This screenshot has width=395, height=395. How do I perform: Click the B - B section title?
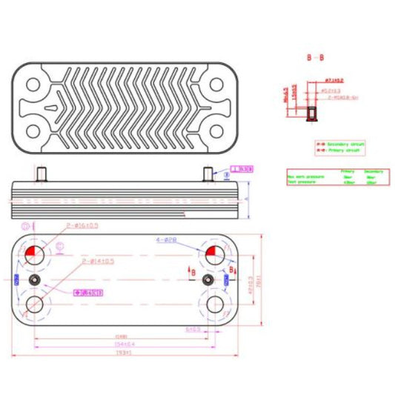tap(315, 56)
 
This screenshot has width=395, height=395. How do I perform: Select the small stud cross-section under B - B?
tap(312, 114)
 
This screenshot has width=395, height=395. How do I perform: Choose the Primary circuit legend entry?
tap(338, 149)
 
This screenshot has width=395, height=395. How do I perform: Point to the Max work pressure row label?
tap(305, 177)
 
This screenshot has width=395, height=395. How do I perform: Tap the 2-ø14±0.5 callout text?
tap(97, 261)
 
